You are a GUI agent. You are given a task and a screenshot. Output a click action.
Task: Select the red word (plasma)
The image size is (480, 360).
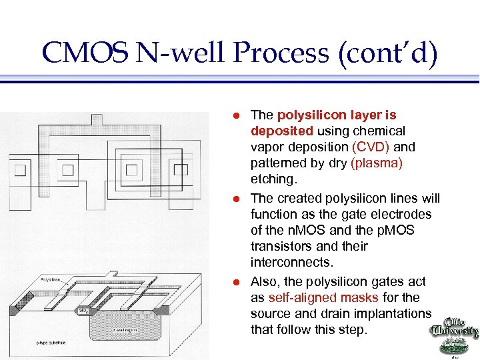pos(376,163)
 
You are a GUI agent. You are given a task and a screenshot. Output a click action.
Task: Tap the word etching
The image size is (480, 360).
pos(272,179)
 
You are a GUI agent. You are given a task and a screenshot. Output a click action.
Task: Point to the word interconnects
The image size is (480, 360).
pos(290,262)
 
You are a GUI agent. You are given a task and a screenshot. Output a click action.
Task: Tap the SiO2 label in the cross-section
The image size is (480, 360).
pos(84,311)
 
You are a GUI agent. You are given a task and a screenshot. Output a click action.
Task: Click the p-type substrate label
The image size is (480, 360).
pos(51,342)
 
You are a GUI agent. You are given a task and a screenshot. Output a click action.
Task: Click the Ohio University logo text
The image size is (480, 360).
pos(455,329)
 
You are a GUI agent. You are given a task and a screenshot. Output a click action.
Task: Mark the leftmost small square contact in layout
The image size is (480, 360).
pos(20,169)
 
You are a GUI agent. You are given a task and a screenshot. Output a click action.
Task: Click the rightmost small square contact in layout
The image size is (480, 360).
pos(181,169)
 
